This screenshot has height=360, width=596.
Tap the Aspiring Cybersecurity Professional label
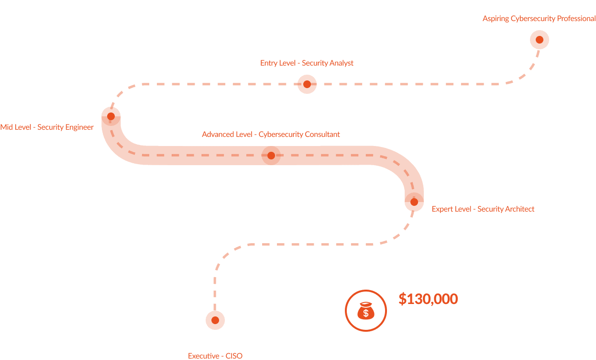coord(539,19)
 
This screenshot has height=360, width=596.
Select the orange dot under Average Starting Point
coord(540,40)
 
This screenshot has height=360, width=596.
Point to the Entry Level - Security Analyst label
coord(307,63)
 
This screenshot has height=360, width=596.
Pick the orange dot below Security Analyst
coord(307,84)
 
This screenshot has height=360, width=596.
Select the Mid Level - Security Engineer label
coord(47,127)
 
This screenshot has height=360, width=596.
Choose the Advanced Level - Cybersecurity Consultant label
coord(271,135)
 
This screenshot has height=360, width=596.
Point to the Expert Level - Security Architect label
coord(483,209)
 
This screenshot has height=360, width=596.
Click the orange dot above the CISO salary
coord(215,320)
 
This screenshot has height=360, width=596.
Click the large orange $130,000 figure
coord(428,299)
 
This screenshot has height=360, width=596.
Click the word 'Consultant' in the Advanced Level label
coord(321,135)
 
